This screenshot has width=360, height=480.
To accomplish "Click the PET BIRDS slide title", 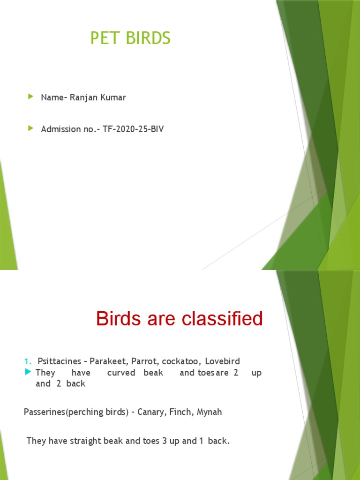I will click(x=130, y=38).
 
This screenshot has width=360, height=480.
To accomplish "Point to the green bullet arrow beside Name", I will click(x=31, y=97).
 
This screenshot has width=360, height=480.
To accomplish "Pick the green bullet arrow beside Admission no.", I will click(x=31, y=128).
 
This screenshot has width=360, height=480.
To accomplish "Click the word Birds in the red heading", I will click(x=118, y=319).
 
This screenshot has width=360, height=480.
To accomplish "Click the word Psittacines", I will click(x=59, y=361).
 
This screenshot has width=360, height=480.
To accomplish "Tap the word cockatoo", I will click(x=176, y=361).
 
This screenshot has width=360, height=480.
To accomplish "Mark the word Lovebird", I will click(x=222, y=361).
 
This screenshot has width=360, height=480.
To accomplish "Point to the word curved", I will click(x=121, y=373).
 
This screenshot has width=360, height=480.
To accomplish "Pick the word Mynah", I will click(x=209, y=412).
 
